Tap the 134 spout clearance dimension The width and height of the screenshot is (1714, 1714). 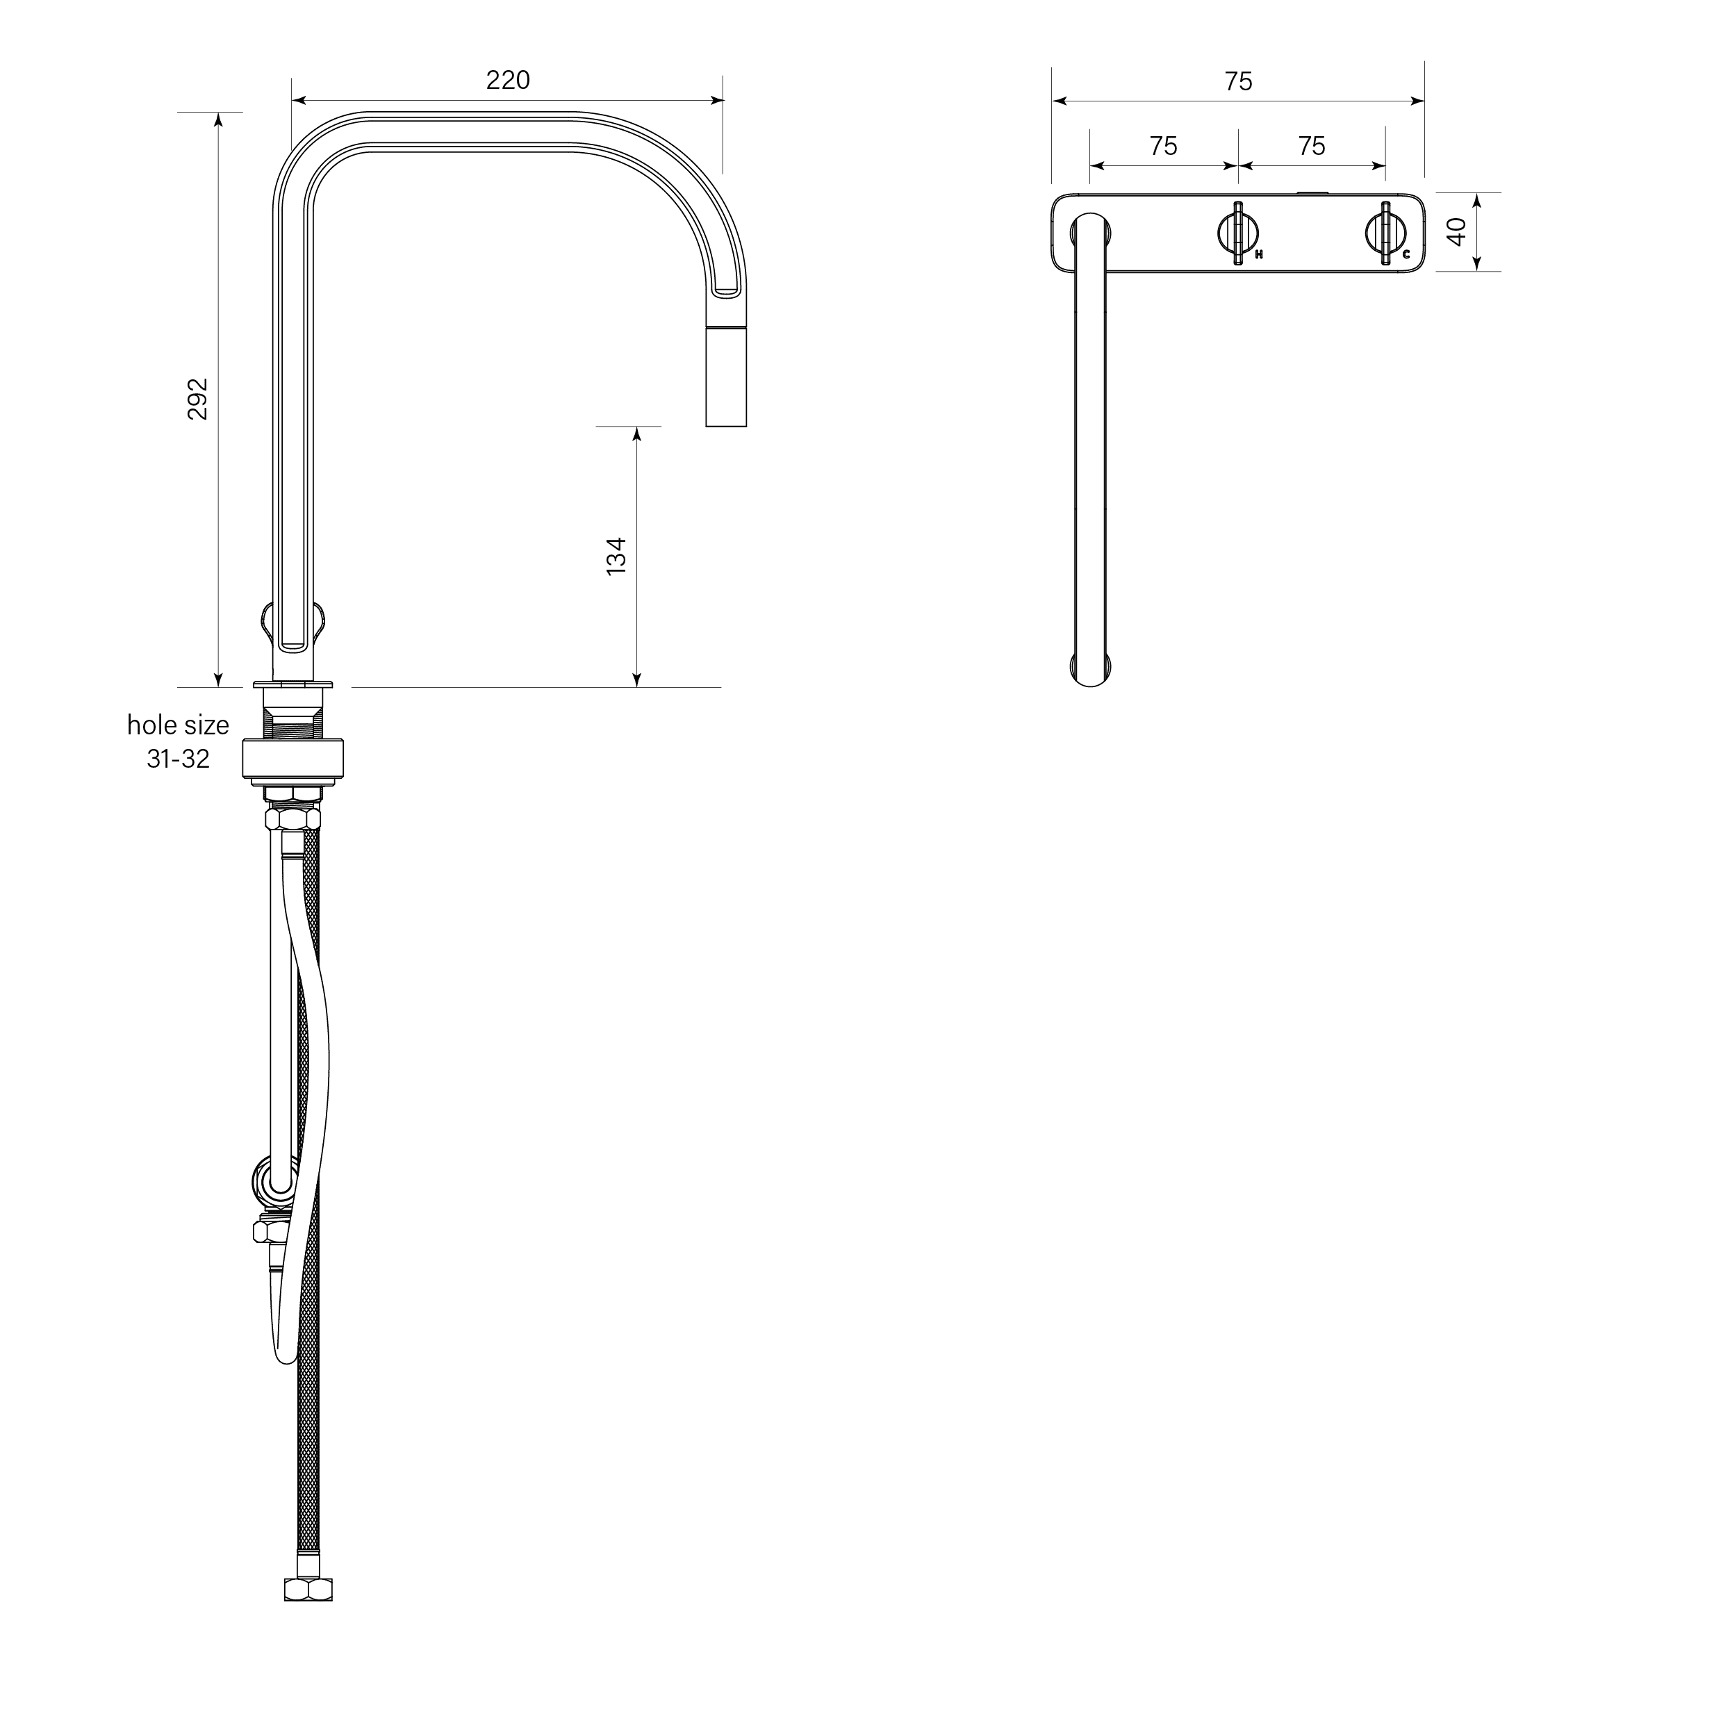[x=616, y=557]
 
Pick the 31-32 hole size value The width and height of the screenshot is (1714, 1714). [x=179, y=759]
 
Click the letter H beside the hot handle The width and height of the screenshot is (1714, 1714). [x=1259, y=254]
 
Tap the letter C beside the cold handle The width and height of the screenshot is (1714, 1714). [x=1406, y=254]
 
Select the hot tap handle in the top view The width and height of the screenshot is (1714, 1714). [x=1237, y=233]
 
